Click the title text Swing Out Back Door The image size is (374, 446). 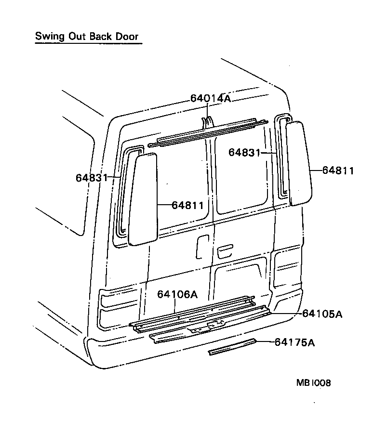pyautogui.click(x=87, y=37)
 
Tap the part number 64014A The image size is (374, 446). pyautogui.click(x=211, y=98)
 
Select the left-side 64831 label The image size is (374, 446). pyautogui.click(x=91, y=177)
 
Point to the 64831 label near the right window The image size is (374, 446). pyautogui.click(x=244, y=152)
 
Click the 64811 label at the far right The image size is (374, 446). pyautogui.click(x=338, y=170)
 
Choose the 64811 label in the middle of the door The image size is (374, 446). pyautogui.click(x=187, y=205)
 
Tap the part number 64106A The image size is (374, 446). pyautogui.click(x=177, y=294)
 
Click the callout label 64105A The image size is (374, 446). pyautogui.click(x=322, y=314)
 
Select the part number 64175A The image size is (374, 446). pyautogui.click(x=294, y=342)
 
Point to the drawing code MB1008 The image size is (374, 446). pyautogui.click(x=313, y=383)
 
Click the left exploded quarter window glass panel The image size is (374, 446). pyautogui.click(x=143, y=198)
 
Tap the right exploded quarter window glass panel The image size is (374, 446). pyautogui.click(x=299, y=164)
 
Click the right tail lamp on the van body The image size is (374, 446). pyautogui.click(x=287, y=270)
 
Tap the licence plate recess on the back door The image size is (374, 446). pyautogui.click(x=241, y=277)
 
